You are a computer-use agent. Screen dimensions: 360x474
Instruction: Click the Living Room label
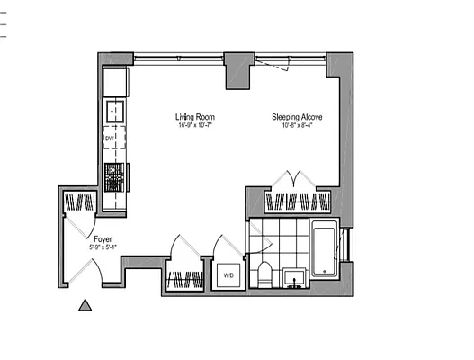(194, 117)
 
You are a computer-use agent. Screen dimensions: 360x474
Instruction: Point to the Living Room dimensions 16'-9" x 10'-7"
(194, 125)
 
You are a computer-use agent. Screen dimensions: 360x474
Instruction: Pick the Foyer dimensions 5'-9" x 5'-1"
(103, 246)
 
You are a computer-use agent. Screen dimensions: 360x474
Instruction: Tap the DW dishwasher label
(110, 139)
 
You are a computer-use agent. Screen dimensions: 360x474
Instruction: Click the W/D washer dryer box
(227, 274)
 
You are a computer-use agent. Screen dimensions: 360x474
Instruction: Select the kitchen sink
(115, 112)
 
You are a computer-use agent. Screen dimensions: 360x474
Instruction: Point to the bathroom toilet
(264, 274)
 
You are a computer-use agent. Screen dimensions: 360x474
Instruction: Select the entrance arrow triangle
(85, 306)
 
